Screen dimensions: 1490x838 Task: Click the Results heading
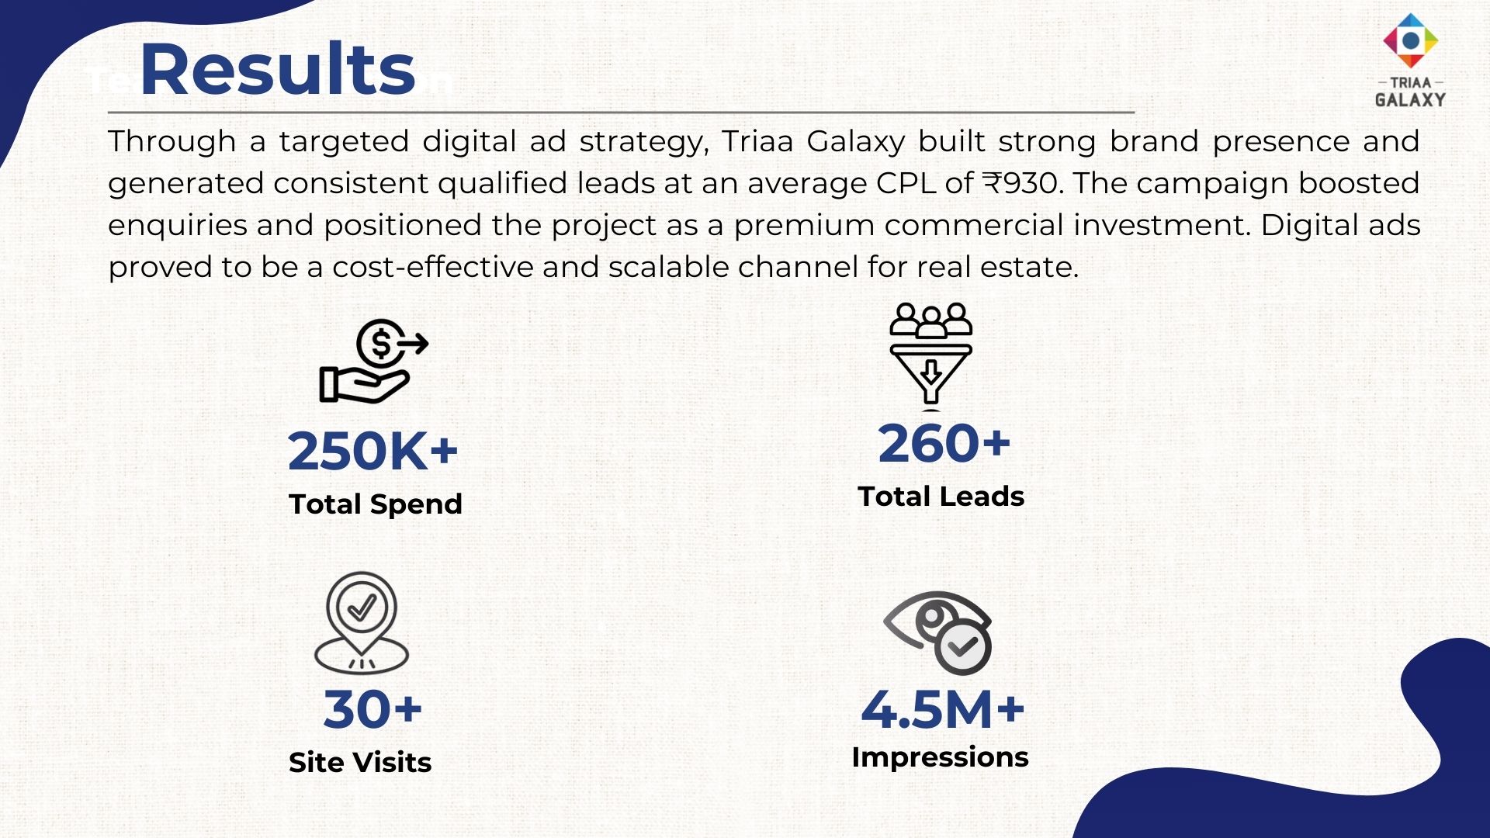277,70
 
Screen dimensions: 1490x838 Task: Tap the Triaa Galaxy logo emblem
1410,40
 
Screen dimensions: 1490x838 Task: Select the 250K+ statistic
373,451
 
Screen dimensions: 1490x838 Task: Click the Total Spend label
376,504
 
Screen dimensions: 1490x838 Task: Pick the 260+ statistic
944,444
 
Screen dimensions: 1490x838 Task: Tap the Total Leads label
941,497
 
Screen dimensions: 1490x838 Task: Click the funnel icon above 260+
930,355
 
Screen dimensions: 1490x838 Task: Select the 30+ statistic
372,709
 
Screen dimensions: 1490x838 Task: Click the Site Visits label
360,763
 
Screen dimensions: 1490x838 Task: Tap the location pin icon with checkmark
362,622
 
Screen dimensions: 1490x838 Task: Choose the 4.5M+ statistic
943,709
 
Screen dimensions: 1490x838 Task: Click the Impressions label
941,757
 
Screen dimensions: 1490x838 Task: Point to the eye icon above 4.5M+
937,633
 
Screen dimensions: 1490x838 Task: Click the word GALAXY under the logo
1410,100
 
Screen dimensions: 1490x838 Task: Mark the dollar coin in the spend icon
381,343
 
